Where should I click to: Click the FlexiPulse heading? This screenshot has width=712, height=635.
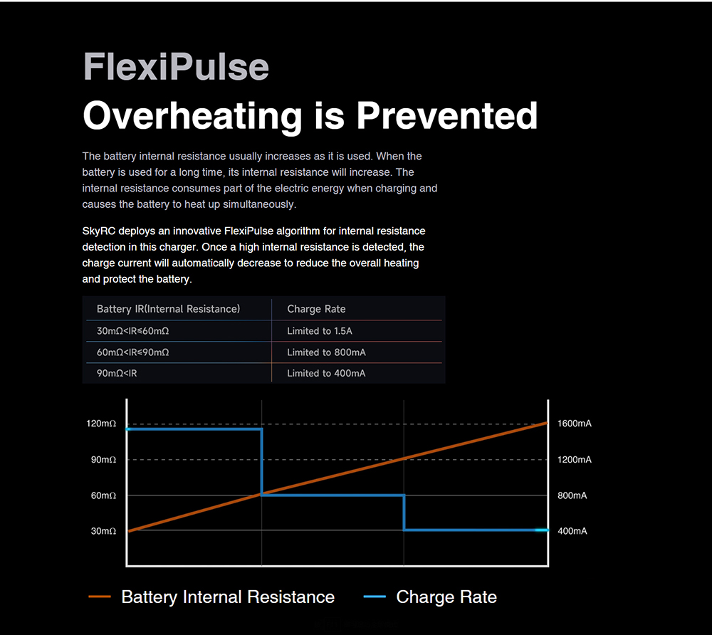pyautogui.click(x=176, y=67)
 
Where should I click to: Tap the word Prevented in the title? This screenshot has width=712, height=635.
pyautogui.click(x=446, y=115)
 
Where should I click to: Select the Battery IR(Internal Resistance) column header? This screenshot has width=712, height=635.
pyautogui.click(x=168, y=309)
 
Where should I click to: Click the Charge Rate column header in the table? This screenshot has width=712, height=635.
pyautogui.click(x=316, y=309)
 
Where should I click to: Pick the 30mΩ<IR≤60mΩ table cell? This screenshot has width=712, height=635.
pyautogui.click(x=132, y=331)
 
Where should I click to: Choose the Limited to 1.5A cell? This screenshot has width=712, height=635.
pyautogui.click(x=320, y=331)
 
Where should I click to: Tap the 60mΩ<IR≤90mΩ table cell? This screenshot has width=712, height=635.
pyautogui.click(x=132, y=352)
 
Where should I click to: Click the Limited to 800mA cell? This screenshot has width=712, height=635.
pyautogui.click(x=326, y=352)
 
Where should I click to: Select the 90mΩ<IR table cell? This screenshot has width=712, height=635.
pyautogui.click(x=117, y=373)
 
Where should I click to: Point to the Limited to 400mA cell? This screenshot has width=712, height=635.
pyautogui.click(x=326, y=373)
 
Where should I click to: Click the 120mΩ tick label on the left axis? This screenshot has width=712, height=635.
pyautogui.click(x=101, y=424)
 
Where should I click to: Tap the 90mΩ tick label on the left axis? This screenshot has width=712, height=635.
pyautogui.click(x=103, y=460)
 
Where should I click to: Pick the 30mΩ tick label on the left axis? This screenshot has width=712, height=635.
pyautogui.click(x=103, y=531)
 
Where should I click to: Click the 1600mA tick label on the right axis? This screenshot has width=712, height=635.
pyautogui.click(x=575, y=424)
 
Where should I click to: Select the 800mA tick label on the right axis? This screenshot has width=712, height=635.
pyautogui.click(x=572, y=495)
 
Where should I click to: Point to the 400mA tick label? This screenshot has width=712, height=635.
pyautogui.click(x=572, y=531)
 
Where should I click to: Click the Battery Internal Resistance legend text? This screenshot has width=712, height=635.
pyautogui.click(x=228, y=597)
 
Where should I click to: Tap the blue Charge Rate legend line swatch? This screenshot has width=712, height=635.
pyautogui.click(x=375, y=597)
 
